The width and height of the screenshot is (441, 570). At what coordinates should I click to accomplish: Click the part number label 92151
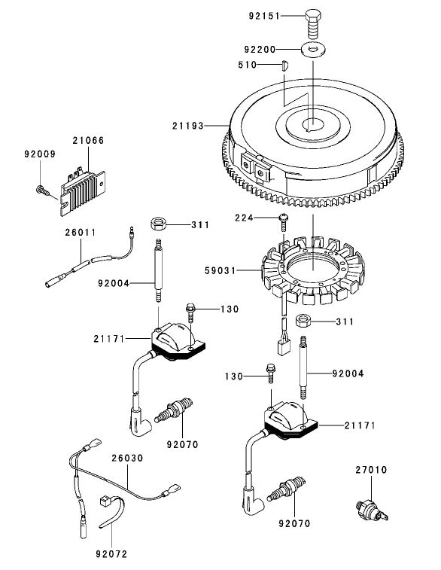point(264,16)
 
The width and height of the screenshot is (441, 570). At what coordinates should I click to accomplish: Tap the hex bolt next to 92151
point(314,25)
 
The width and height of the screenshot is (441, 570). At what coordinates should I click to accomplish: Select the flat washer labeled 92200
point(313,49)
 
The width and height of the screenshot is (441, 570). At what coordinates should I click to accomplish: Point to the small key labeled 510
point(285,66)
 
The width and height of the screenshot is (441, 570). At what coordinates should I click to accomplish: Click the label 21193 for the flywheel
point(188,126)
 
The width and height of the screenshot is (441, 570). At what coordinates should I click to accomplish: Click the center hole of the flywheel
point(312,125)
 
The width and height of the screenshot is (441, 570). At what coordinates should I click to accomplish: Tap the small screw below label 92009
point(42,190)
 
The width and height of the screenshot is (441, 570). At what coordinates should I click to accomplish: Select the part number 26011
point(81,232)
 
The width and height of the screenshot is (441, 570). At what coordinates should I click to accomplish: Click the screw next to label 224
point(283,222)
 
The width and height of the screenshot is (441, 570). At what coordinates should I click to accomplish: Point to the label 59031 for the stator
point(220,271)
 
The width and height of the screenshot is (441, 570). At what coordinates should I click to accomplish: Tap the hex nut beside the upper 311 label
point(158,223)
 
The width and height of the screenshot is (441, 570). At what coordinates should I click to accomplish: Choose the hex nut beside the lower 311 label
point(303,321)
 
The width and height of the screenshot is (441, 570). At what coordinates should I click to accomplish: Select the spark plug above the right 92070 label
point(286,489)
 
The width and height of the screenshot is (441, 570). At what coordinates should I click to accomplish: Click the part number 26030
point(127,459)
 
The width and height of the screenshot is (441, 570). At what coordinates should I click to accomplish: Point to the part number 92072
point(111,554)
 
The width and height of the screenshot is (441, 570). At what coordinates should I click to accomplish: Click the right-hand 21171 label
point(360,425)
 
